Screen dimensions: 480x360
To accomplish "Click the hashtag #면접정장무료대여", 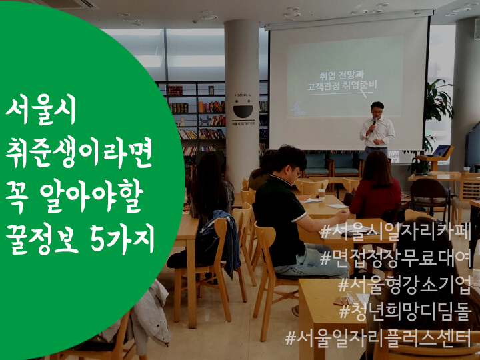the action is click(395, 259).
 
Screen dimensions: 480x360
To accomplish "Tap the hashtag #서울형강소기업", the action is click(404, 286).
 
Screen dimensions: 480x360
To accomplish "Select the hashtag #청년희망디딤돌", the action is click(405, 311).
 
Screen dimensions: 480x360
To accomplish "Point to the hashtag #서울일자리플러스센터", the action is click(378, 338).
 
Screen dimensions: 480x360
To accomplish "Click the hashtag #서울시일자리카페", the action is click(395, 232).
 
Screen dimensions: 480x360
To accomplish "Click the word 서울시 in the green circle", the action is click(41, 111).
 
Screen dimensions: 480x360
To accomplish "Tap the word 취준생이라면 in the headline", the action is click(79, 152).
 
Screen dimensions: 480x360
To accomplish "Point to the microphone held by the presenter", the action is click(373, 124).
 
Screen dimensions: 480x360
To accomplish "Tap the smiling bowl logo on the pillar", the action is click(243, 111).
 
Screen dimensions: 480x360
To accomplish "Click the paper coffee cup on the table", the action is click(321, 194).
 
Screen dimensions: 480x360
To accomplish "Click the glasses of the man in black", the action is click(297, 172).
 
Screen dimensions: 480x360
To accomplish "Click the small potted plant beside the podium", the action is click(419, 166).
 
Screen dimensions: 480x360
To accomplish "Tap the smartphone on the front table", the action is click(341, 301).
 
